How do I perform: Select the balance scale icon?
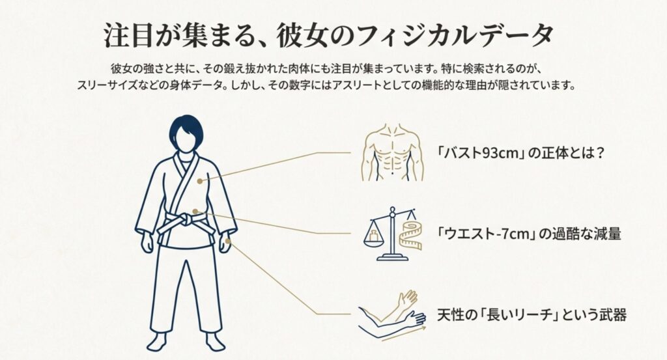tap(392, 234)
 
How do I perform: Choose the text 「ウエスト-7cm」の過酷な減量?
tap(529, 234)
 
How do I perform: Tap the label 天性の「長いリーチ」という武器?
tap(531, 316)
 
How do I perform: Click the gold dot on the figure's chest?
tap(201, 180)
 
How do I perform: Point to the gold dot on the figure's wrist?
tap(227, 241)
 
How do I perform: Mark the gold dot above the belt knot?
tap(195, 211)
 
